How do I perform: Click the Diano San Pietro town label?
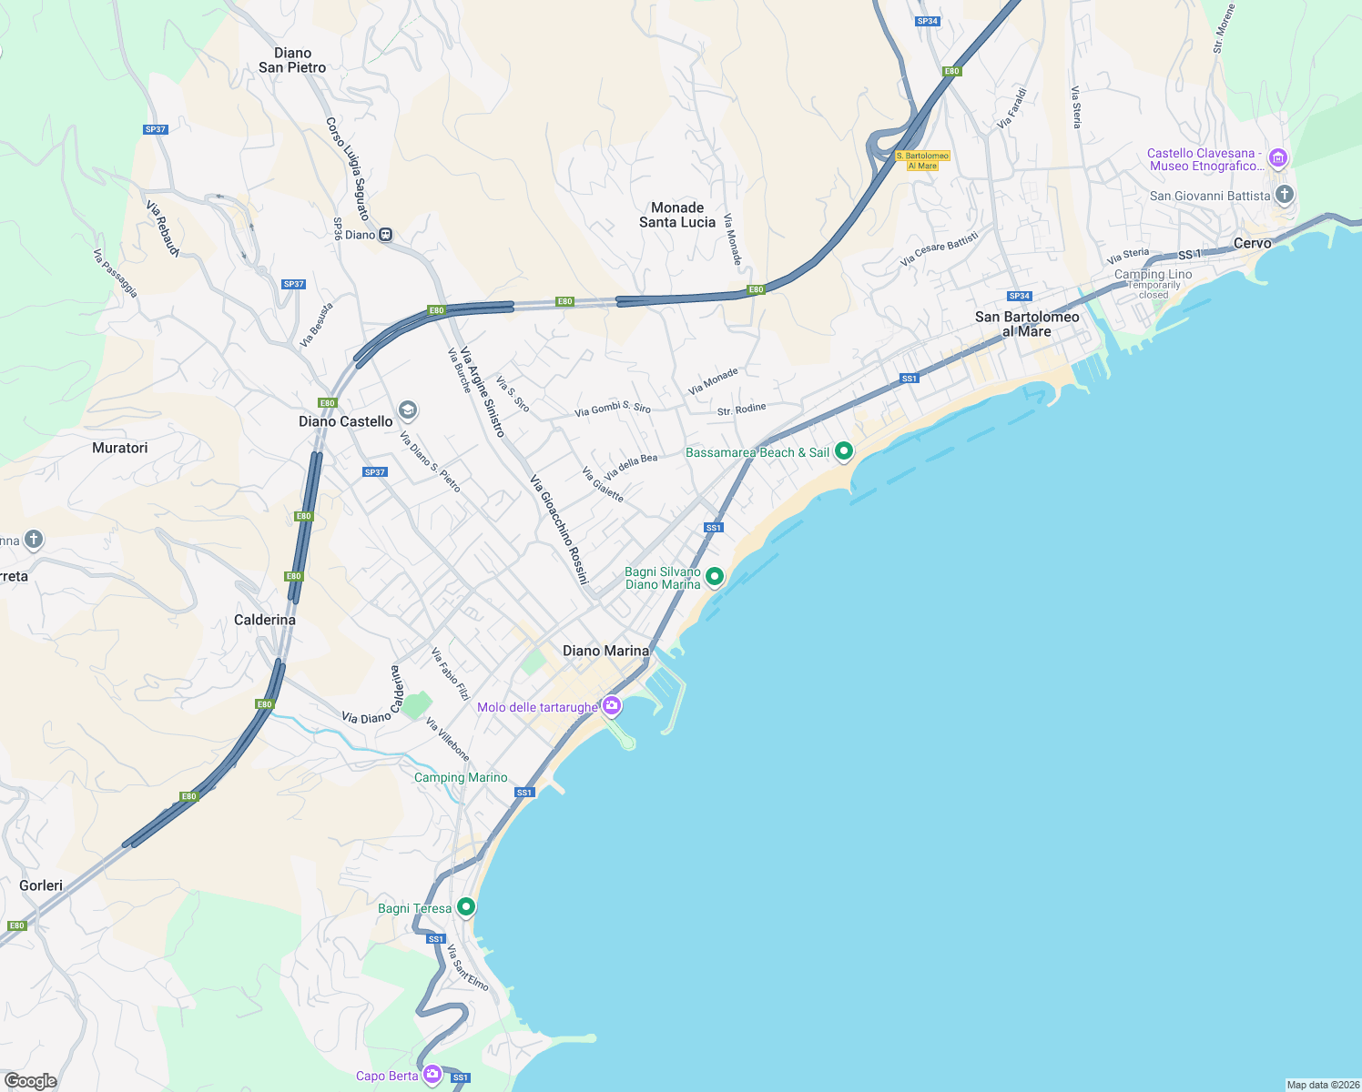[292, 60]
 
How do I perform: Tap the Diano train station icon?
[386, 235]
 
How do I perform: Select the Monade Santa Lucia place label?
[677, 215]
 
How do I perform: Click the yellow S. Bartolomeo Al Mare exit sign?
[922, 161]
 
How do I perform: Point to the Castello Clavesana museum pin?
[1278, 159]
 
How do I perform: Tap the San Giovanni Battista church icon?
[1284, 195]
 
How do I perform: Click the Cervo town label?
[1252, 243]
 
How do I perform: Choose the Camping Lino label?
[1153, 274]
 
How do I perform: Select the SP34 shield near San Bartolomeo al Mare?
[1019, 296]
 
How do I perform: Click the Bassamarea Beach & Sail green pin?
[844, 451]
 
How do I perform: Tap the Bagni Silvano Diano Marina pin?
[715, 577]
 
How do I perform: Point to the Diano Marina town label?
[605, 651]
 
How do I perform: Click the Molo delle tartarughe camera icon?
[612, 706]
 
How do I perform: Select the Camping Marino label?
[461, 777]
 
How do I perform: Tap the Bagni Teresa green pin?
[466, 907]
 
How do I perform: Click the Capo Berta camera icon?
[432, 1075]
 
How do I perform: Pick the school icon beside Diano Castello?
[408, 411]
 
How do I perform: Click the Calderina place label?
[265, 620]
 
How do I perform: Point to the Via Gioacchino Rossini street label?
[560, 530]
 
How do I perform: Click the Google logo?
[31, 1081]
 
